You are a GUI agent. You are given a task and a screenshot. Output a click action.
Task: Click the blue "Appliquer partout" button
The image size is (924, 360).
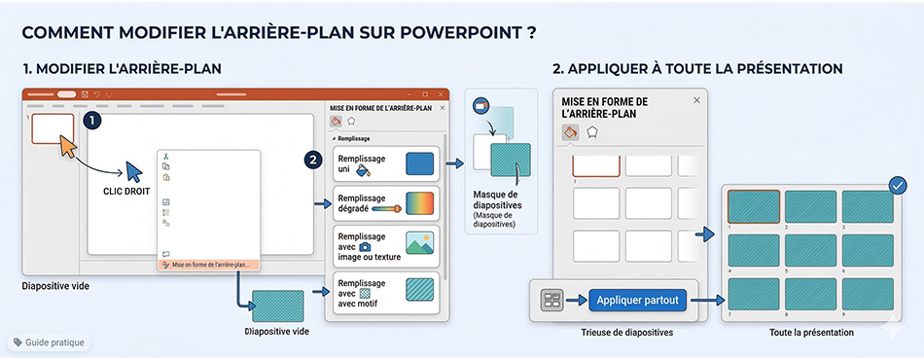coord(638,301)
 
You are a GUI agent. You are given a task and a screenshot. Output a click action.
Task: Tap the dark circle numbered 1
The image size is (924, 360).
coord(92,121)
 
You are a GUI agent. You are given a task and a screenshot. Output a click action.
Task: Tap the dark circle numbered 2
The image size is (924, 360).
coord(313,160)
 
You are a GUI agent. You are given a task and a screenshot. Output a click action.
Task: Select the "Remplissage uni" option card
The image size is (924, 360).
coord(386,163)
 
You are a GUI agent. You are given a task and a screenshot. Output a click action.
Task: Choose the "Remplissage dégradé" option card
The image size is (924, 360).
coord(386,203)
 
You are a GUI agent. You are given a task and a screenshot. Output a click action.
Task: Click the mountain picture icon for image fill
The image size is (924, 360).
coord(419,242)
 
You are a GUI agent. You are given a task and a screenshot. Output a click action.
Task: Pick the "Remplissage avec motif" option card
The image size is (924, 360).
coord(386,292)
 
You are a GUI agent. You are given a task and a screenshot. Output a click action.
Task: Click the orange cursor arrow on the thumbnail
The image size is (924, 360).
coord(68,146)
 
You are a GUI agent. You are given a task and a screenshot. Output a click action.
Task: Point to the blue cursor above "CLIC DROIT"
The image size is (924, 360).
coord(134,171)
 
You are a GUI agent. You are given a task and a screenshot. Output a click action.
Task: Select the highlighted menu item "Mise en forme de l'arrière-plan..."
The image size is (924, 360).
coord(208,266)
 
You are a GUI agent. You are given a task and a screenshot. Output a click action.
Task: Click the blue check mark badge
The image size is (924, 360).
coord(898,186)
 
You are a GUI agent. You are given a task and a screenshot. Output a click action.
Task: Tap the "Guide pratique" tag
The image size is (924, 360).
coord(49,342)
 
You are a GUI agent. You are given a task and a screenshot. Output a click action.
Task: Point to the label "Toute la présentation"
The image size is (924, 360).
coord(811,333)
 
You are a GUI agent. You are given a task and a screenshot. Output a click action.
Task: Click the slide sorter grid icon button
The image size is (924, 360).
coord(552,301)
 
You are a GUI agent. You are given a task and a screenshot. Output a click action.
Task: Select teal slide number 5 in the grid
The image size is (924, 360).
coord(810,250)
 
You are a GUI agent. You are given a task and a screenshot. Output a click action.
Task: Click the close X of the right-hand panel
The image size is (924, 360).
coord(696,100)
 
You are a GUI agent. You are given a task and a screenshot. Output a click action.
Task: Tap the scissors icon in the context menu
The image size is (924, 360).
coord(165,156)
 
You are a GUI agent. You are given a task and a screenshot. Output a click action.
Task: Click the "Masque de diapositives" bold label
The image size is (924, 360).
coord(497,200)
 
